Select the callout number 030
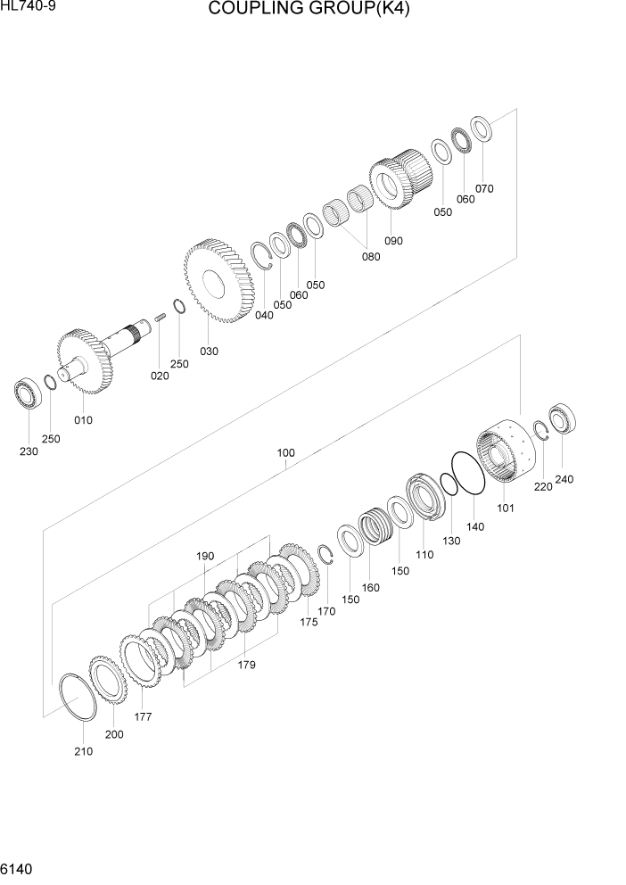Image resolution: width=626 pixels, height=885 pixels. tap(209, 351)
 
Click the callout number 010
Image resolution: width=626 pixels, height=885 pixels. tap(83, 419)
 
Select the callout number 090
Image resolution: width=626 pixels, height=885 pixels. tap(393, 241)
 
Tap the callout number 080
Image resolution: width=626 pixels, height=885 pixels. tap(370, 257)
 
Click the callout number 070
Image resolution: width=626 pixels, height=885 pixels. tap(484, 188)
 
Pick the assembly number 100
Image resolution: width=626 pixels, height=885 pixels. tap(285, 452)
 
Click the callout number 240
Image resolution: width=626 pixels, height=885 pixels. tap(564, 479)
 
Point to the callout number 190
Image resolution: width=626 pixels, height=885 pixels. tap(205, 556)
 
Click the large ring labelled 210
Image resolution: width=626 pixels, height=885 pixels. tap(77, 697)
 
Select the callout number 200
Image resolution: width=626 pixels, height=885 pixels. tap(114, 734)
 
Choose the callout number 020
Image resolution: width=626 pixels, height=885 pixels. tap(159, 376)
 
